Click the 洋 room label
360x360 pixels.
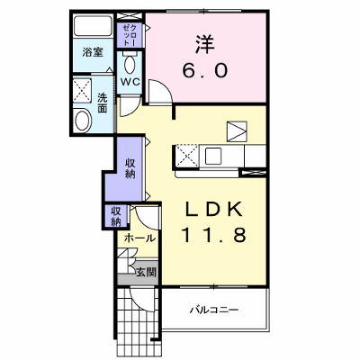(x=205, y=45)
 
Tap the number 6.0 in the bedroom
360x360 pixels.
(x=205, y=71)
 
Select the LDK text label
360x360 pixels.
(x=213, y=209)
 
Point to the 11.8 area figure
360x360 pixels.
(x=213, y=234)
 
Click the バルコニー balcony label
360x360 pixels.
(x=214, y=310)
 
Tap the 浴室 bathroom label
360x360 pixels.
(x=93, y=53)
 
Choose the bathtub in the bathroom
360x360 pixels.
(x=94, y=26)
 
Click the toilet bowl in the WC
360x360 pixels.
(x=130, y=64)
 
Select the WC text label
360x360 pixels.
(x=130, y=82)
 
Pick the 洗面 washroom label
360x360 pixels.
(x=103, y=103)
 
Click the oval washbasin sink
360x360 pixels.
(x=83, y=121)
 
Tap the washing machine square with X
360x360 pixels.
(x=82, y=91)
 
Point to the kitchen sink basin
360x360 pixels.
(x=212, y=156)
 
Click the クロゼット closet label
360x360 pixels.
(x=130, y=35)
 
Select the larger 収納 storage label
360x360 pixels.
(x=130, y=168)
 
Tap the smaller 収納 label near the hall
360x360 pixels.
(x=116, y=216)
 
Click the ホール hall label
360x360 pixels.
(x=139, y=238)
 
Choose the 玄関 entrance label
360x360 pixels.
(x=147, y=273)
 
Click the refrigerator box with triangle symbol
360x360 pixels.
(x=237, y=131)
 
